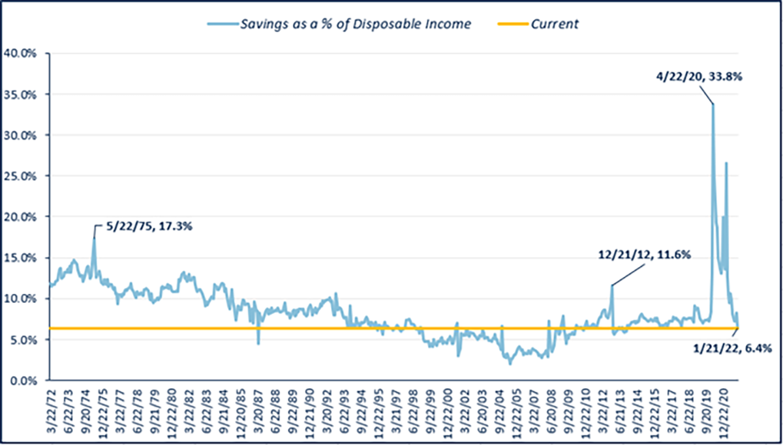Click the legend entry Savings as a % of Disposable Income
pyautogui.click(x=354, y=24)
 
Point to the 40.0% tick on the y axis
pyautogui.click(x=21, y=53)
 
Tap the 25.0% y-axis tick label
pyautogui.click(x=21, y=176)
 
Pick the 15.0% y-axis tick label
pyautogui.click(x=21, y=257)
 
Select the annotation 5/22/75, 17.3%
pyautogui.click(x=146, y=227)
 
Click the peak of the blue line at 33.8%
pyautogui.click(x=713, y=104)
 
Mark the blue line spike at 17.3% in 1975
pyautogui.click(x=95, y=239)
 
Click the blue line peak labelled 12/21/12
pyautogui.click(x=612, y=285)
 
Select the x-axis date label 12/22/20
pyautogui.click(x=723, y=410)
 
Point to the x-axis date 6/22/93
pyautogui.click(x=346, y=410)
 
